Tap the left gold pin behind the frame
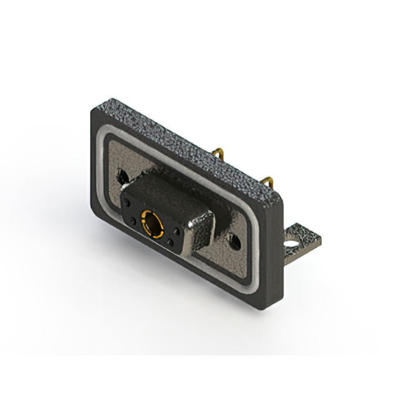pyautogui.click(x=218, y=153)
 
